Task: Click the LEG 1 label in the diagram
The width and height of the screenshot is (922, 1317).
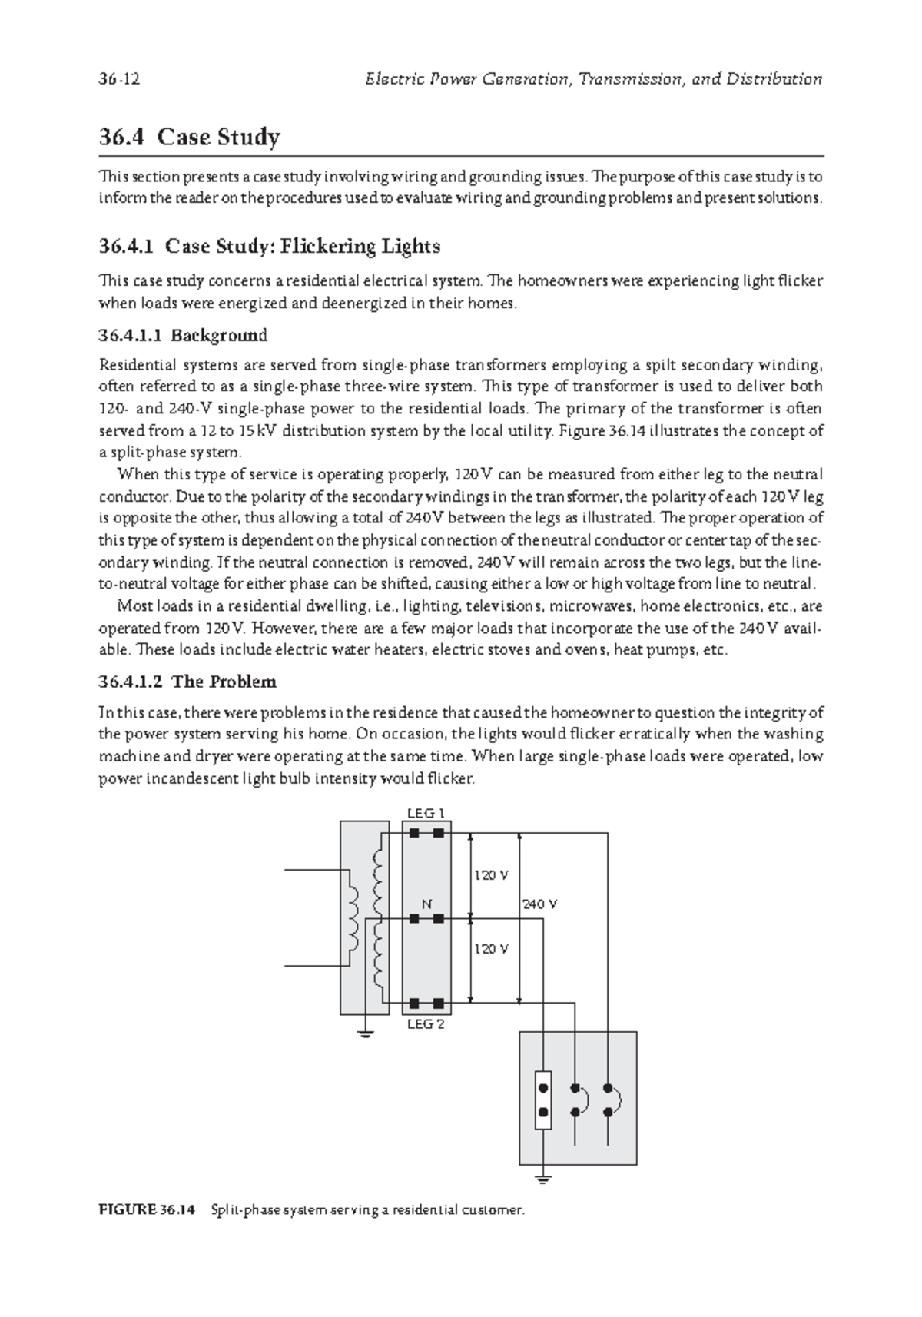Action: [426, 813]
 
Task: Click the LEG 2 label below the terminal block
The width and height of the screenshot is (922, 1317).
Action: [426, 1023]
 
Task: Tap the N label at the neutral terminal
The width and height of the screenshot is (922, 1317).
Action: [426, 904]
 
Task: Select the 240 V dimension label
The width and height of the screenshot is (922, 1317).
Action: [539, 904]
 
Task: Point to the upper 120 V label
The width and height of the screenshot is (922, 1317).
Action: [490, 875]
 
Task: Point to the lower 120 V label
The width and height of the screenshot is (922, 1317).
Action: [490, 949]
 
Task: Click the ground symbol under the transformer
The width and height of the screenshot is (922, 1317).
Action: [365, 1033]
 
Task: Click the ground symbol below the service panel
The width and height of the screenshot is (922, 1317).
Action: [543, 1179]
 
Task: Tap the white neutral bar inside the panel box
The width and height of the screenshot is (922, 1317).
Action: [543, 1100]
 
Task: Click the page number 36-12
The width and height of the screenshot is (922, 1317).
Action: [119, 79]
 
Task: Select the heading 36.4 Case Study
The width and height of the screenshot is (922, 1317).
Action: [189, 138]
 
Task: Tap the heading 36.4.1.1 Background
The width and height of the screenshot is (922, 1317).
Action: [183, 335]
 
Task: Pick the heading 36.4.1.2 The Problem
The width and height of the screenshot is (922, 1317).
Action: [187, 682]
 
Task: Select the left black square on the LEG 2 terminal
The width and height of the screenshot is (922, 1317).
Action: [414, 1003]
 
